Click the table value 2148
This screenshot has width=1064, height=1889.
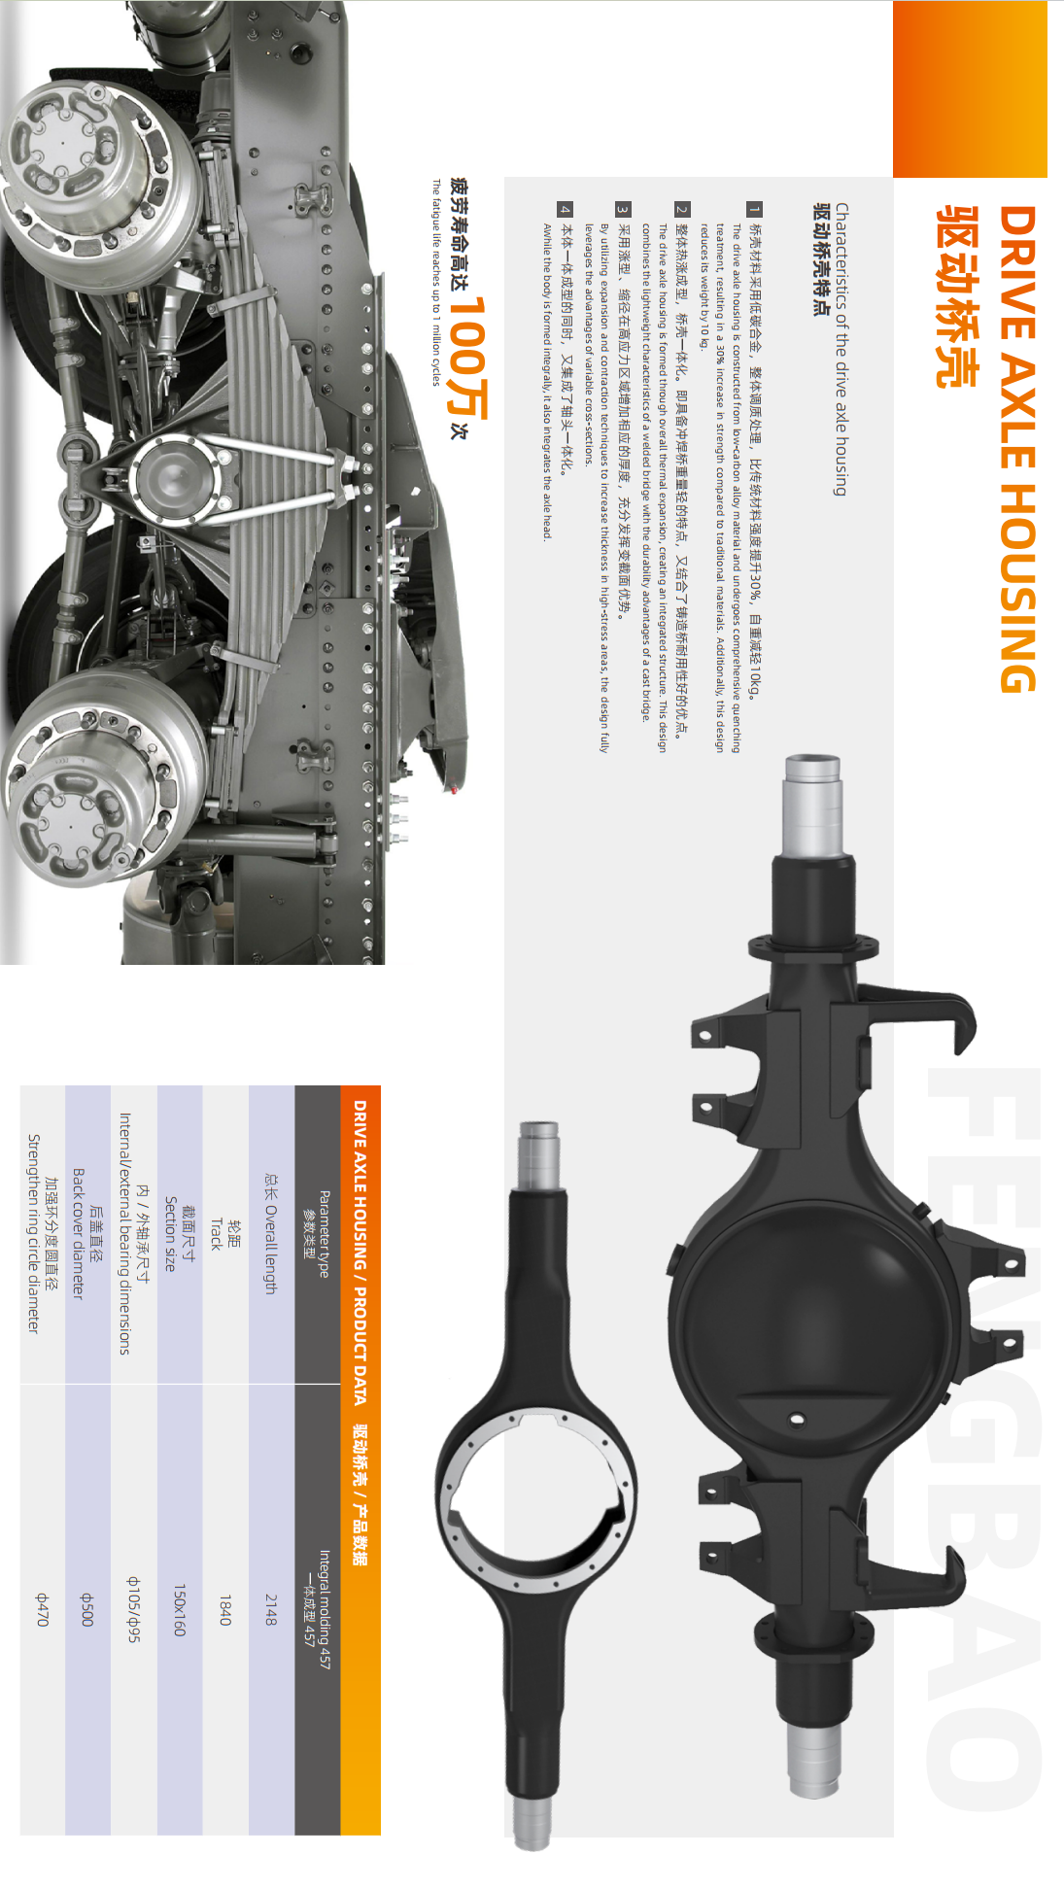271,1609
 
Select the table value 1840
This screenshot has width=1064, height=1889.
225,1609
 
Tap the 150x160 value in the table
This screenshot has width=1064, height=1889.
179,1609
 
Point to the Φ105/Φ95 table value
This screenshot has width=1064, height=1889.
134,1609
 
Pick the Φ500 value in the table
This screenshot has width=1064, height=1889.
86,1609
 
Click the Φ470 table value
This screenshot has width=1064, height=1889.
42,1609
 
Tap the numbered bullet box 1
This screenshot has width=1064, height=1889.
755,209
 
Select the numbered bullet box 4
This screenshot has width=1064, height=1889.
565,209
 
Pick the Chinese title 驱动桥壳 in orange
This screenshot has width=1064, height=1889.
957,296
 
